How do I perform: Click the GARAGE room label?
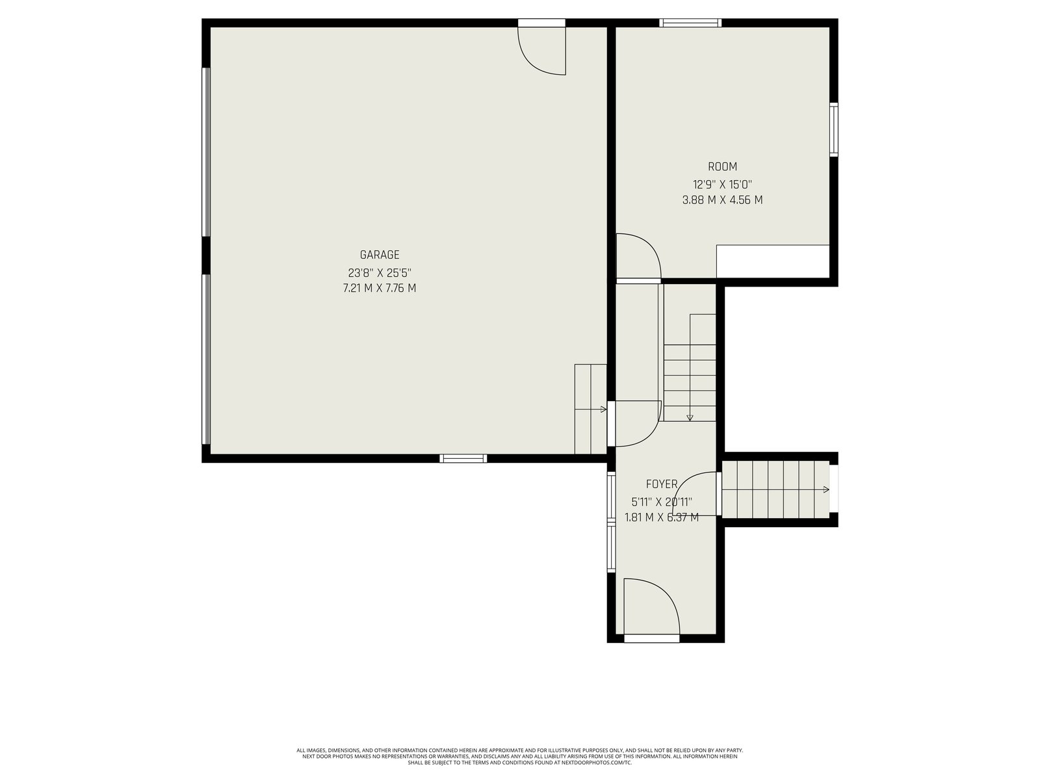380,255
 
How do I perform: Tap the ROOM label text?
723,166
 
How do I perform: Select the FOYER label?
662,484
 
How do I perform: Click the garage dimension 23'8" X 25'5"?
380,273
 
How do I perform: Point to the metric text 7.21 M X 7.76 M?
380,288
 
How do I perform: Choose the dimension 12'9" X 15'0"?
723,184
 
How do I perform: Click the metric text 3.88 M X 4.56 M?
723,200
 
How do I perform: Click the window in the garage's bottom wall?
463,458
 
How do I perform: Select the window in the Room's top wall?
690,23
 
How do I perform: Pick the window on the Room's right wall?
833,129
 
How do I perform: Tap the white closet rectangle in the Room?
773,261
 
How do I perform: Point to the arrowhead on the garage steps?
604,409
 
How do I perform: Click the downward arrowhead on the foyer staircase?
690,418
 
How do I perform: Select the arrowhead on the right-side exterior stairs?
826,489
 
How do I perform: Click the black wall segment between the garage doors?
206,255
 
